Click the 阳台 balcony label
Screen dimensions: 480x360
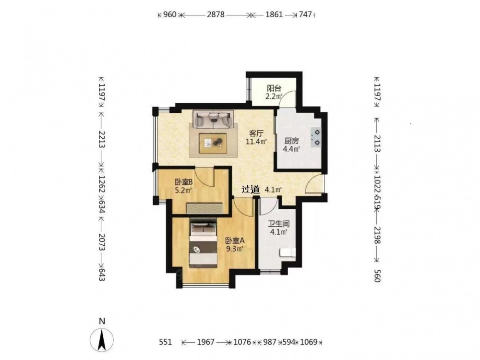[274, 88]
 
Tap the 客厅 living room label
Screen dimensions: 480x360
[256, 133]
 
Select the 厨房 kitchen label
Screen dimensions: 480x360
[291, 141]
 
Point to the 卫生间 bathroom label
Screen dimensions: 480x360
[279, 224]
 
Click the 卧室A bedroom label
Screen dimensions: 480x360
[235, 241]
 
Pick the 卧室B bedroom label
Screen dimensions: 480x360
[183, 182]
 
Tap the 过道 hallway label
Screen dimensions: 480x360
[251, 190]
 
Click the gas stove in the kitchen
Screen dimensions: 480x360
[316, 137]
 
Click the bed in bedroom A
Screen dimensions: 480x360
[203, 243]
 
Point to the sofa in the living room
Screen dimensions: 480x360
[213, 119]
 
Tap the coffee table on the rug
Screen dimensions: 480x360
[213, 143]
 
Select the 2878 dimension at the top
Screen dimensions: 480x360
[216, 14]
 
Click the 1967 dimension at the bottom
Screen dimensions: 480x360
[206, 342]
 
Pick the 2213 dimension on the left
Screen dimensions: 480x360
[102, 140]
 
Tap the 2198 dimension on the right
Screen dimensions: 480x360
[377, 235]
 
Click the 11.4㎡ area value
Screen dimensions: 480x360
[256, 142]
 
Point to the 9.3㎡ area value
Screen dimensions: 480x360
[235, 249]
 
